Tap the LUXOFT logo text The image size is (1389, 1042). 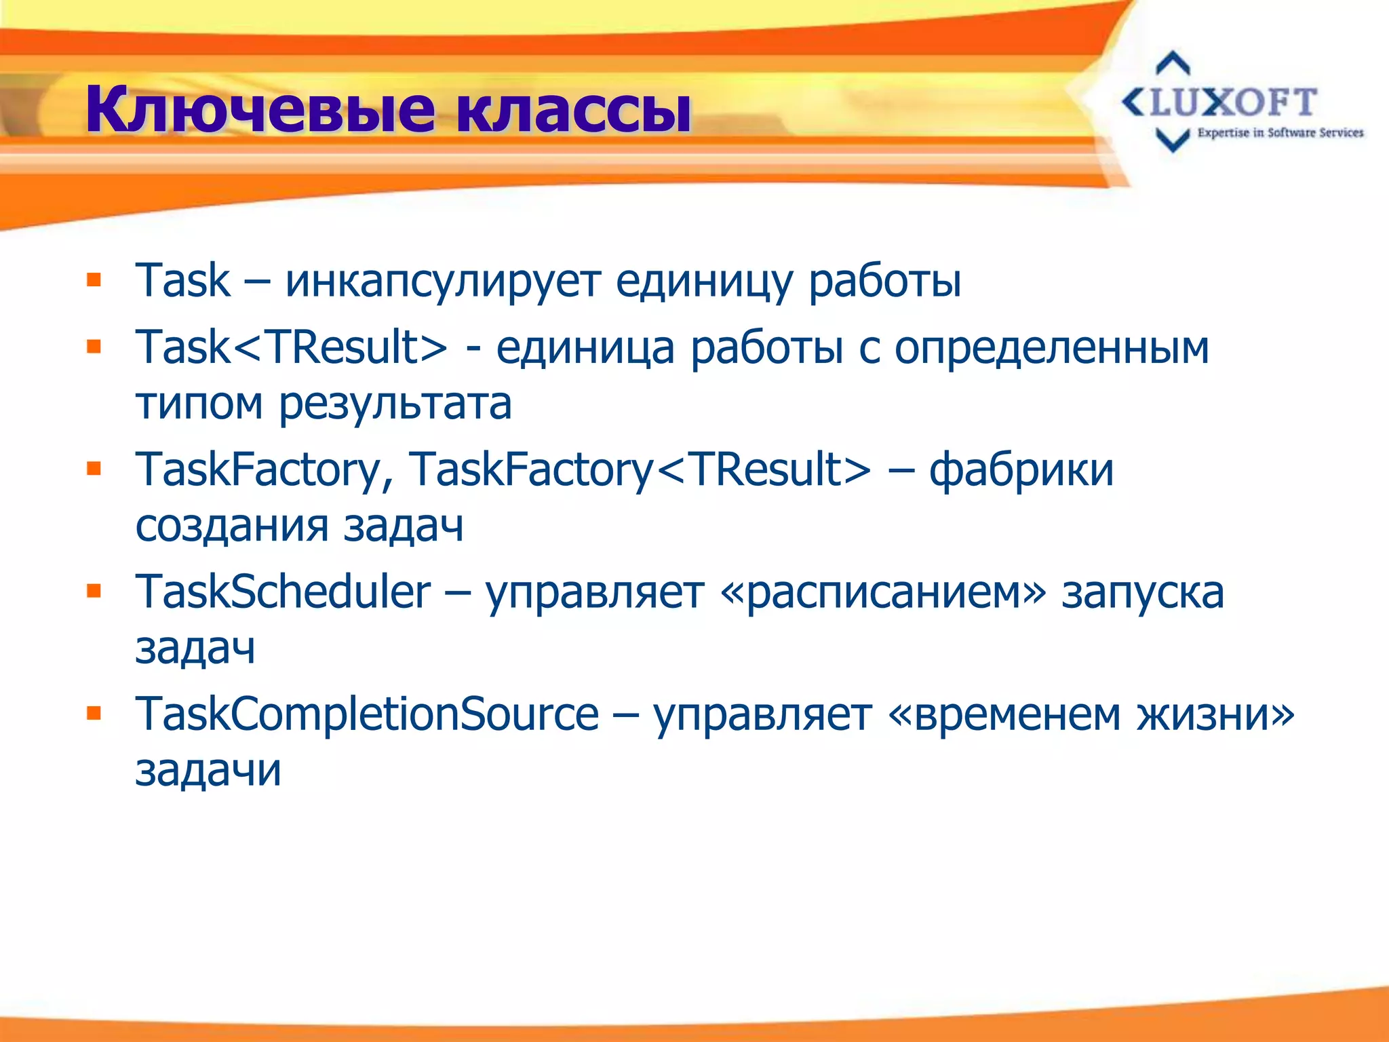pyautogui.click(x=1231, y=103)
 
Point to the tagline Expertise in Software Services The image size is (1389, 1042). pyautogui.click(x=1280, y=133)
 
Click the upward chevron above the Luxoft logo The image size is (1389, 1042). pyautogui.click(x=1173, y=63)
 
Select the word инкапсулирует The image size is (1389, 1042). pyautogui.click(x=442, y=280)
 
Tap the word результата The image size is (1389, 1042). pyautogui.click(x=395, y=404)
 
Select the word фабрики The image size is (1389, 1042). pyautogui.click(x=1021, y=469)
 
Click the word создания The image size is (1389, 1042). pyautogui.click(x=232, y=526)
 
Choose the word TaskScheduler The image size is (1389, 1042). pyautogui.click(x=283, y=592)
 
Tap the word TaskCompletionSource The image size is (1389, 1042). pyautogui.click(x=367, y=714)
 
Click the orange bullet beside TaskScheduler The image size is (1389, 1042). pyautogui.click(x=94, y=592)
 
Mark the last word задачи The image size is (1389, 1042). pyautogui.click(x=208, y=771)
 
